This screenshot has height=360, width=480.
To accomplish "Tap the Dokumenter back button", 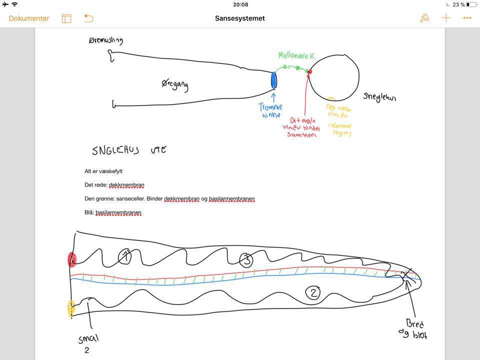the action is pyautogui.click(x=29, y=18).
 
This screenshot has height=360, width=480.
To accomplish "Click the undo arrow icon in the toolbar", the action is pyautogui.click(x=88, y=18).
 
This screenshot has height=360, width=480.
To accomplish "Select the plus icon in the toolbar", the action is pyautogui.click(x=446, y=18).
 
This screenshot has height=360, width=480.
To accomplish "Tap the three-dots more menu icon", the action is pyautogui.click(x=467, y=18).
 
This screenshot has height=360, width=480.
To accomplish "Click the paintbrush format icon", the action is pyautogui.click(x=424, y=18).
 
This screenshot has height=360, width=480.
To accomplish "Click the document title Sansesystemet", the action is pyautogui.click(x=240, y=18).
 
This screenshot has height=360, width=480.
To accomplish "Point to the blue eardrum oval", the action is pyautogui.click(x=273, y=80).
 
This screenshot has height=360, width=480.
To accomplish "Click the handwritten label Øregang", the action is pyautogui.click(x=175, y=85).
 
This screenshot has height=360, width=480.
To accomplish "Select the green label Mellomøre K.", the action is pyautogui.click(x=297, y=56).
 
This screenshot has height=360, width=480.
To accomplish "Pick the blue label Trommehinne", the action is pyautogui.click(x=270, y=110).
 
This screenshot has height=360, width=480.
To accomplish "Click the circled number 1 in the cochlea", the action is pyautogui.click(x=125, y=257).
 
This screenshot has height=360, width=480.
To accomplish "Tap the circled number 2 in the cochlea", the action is pyautogui.click(x=313, y=293).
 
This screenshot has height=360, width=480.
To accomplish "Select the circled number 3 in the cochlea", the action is pyautogui.click(x=245, y=259).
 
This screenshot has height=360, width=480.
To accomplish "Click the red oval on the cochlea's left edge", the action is pyautogui.click(x=72, y=259).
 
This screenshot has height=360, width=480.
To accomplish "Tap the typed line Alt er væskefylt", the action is pyautogui.click(x=103, y=171).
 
